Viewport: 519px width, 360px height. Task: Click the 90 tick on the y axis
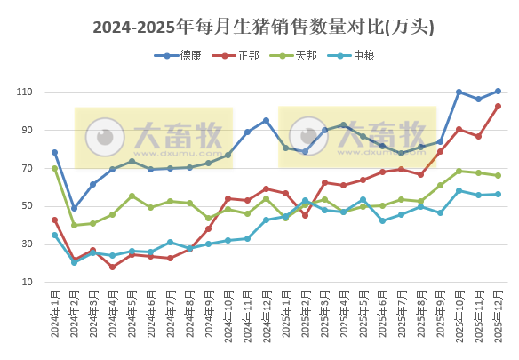(27, 131)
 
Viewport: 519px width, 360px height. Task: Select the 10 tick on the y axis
(27, 283)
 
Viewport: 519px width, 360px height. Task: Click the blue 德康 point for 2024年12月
(266, 121)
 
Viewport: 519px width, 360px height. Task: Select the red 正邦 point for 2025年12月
(498, 106)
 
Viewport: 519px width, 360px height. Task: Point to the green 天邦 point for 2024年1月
(54, 168)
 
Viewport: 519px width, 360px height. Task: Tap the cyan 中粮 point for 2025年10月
(459, 190)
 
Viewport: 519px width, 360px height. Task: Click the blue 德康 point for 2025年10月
(459, 92)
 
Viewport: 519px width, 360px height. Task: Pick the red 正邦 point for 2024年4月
(112, 267)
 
